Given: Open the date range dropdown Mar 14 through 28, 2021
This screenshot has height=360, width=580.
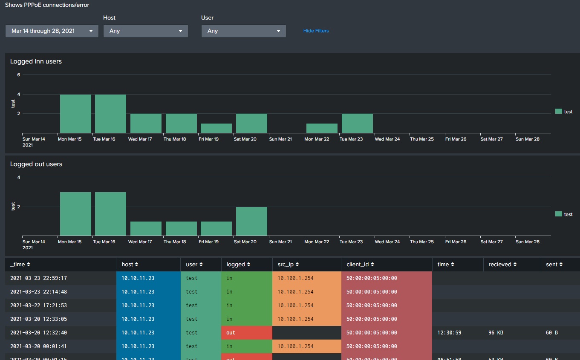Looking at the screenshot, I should pyautogui.click(x=52, y=31).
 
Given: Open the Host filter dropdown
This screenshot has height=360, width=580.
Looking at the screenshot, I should pyautogui.click(x=145, y=31).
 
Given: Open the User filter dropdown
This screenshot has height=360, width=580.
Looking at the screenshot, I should pyautogui.click(x=243, y=31).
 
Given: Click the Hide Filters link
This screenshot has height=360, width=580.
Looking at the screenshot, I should pyautogui.click(x=316, y=31).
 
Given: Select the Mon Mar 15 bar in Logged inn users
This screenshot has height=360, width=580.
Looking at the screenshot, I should pyautogui.click(x=75, y=114).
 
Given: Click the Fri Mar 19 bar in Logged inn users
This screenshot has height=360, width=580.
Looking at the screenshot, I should pyautogui.click(x=216, y=128).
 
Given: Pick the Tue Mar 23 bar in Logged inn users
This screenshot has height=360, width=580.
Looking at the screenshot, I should pyautogui.click(x=357, y=124).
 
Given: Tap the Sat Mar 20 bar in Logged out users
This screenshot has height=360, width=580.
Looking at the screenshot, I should pyautogui.click(x=251, y=222).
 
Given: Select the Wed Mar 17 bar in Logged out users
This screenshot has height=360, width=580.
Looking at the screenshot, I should pyautogui.click(x=146, y=229).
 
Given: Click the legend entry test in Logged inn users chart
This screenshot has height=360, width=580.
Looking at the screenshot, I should pyautogui.click(x=564, y=112).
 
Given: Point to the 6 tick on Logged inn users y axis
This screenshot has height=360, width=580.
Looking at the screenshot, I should pyautogui.click(x=19, y=75).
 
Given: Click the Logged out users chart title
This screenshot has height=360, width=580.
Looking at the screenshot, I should pyautogui.click(x=36, y=164).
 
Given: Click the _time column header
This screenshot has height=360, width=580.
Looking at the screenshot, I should pyautogui.click(x=20, y=265).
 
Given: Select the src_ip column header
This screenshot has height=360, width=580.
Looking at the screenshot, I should pyautogui.click(x=288, y=265).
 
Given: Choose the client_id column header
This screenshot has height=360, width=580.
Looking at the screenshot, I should pyautogui.click(x=360, y=265).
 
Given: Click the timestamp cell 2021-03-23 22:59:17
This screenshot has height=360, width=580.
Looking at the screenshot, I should pyautogui.click(x=38, y=278).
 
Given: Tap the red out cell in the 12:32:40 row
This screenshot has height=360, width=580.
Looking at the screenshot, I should pyautogui.click(x=246, y=333).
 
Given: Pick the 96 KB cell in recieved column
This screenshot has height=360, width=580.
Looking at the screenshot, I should pyautogui.click(x=496, y=333).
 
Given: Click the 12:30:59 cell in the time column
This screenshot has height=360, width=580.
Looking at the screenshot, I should pyautogui.click(x=449, y=333).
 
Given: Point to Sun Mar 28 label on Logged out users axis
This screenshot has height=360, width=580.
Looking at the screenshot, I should pyautogui.click(x=527, y=242).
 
